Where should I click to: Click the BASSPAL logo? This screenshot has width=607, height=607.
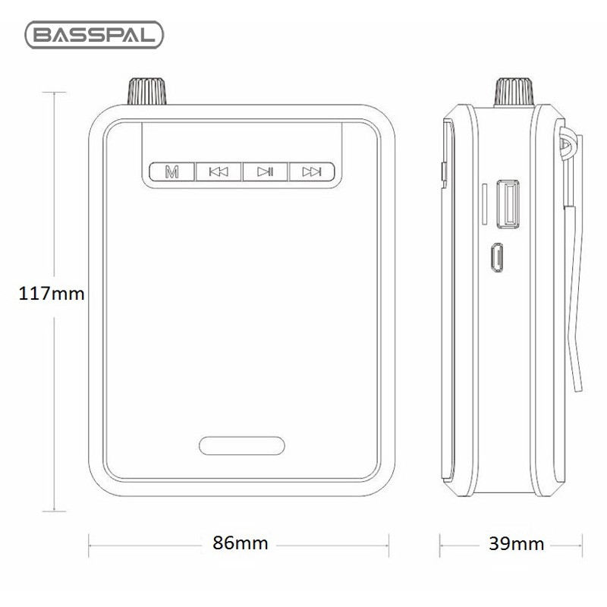point(95,36)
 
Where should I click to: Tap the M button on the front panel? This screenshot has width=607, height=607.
point(173,171)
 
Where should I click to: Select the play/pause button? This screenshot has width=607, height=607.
point(265,171)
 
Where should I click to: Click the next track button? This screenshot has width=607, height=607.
point(311,171)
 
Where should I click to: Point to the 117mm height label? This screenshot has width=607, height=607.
point(51,294)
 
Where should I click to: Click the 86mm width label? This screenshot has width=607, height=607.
point(240,543)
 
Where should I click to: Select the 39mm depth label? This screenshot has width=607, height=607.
point(516,543)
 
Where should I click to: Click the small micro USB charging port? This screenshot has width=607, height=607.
point(496,257)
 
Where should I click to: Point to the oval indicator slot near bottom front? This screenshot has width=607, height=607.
point(242,445)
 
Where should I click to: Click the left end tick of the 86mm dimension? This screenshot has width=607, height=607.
point(90,543)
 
